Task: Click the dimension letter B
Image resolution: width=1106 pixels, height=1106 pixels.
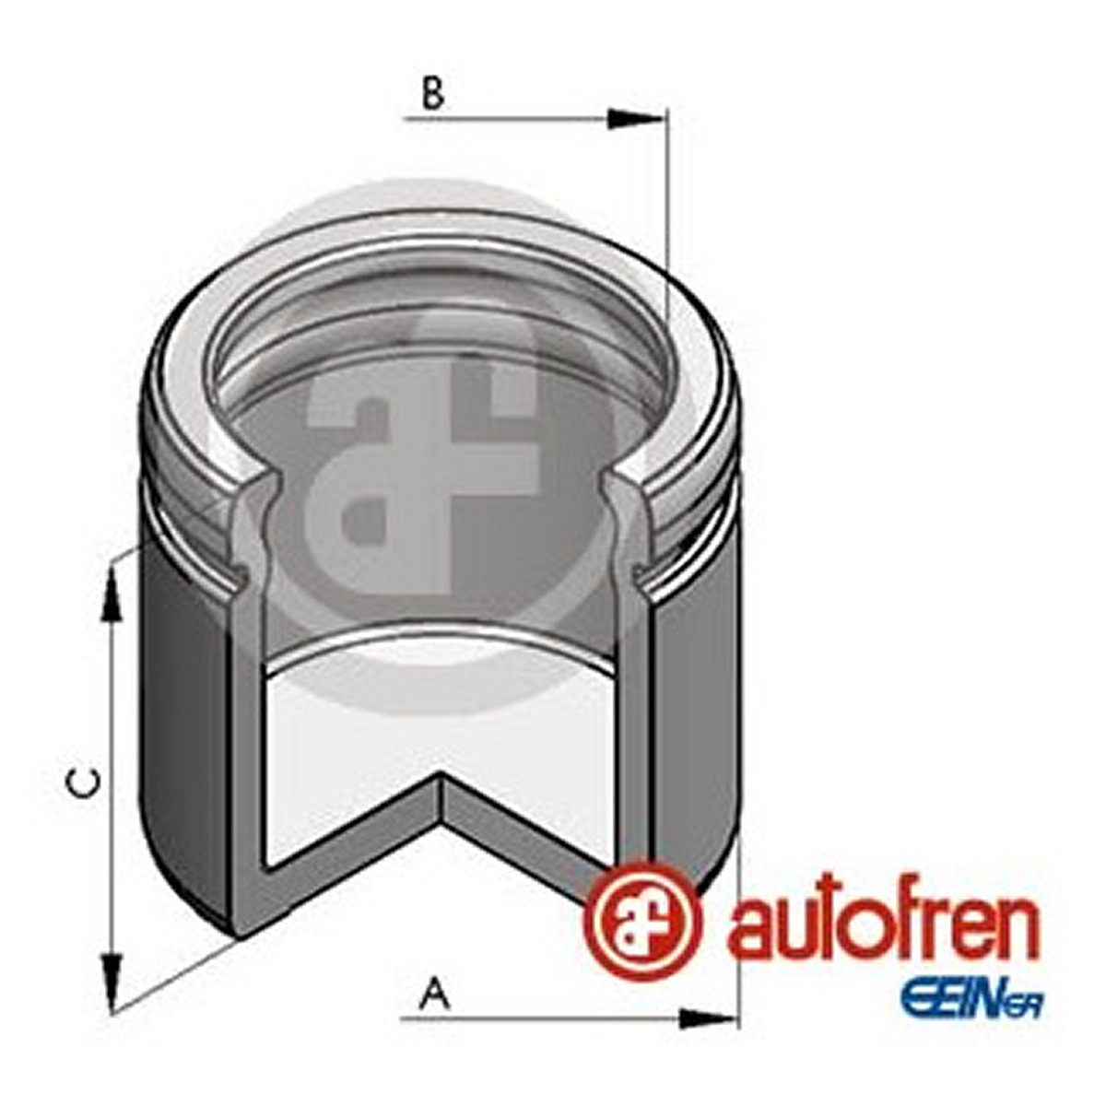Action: coord(433,94)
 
